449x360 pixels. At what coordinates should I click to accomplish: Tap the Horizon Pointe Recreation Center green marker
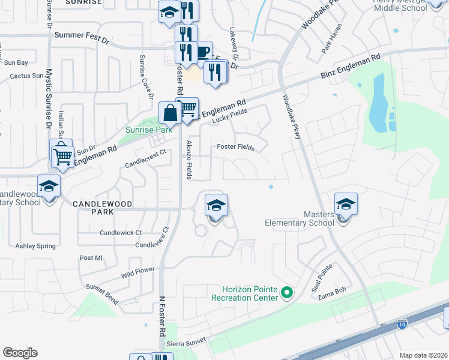(287, 293)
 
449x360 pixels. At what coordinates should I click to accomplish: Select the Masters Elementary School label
(299, 218)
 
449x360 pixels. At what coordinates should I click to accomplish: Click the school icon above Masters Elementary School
(346, 205)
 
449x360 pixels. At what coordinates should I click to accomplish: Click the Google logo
(20, 353)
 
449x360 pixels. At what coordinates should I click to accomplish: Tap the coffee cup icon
(202, 52)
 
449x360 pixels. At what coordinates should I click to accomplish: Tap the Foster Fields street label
(236, 147)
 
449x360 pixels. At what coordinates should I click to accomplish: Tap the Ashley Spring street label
(35, 246)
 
